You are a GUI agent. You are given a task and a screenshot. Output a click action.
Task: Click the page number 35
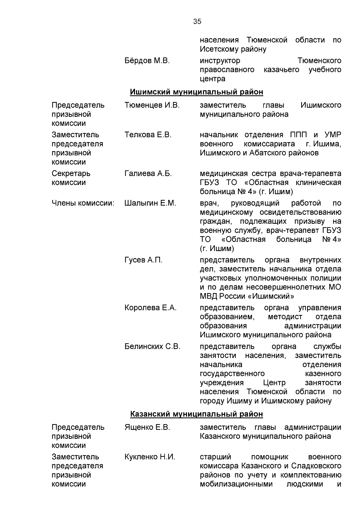click(197, 22)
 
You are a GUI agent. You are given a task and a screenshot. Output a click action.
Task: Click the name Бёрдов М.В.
click(147, 61)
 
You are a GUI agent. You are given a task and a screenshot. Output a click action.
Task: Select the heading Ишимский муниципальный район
click(196, 92)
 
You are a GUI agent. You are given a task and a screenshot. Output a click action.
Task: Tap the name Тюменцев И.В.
click(152, 105)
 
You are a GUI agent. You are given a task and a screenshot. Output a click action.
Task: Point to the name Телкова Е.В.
click(148, 135)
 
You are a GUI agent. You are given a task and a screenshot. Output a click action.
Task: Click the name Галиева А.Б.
click(148, 174)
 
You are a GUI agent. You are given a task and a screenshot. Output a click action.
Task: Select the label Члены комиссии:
click(83, 203)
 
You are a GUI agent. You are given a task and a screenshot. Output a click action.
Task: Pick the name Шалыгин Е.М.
click(150, 203)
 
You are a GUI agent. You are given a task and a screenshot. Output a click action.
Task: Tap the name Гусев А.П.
click(143, 260)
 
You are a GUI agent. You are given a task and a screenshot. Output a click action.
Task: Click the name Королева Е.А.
click(150, 308)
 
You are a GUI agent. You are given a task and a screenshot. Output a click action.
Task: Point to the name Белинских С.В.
click(152, 347)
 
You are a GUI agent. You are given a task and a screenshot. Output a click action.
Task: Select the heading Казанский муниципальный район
click(196, 414)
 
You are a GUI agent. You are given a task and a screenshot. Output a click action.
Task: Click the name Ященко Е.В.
click(147, 427)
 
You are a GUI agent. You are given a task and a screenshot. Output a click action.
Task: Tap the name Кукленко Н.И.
click(150, 457)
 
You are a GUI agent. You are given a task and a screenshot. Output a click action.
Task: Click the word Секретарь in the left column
click(71, 174)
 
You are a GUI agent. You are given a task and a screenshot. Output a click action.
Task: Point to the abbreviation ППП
click(299, 135)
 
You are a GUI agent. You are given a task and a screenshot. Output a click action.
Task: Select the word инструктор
click(220, 61)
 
